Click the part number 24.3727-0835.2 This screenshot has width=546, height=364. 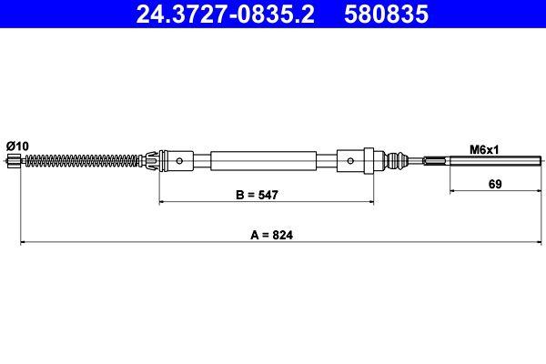click(x=225, y=15)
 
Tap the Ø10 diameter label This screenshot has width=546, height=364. click(x=16, y=146)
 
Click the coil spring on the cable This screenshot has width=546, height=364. click(x=82, y=162)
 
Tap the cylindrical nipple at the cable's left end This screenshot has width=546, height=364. click(x=13, y=162)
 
